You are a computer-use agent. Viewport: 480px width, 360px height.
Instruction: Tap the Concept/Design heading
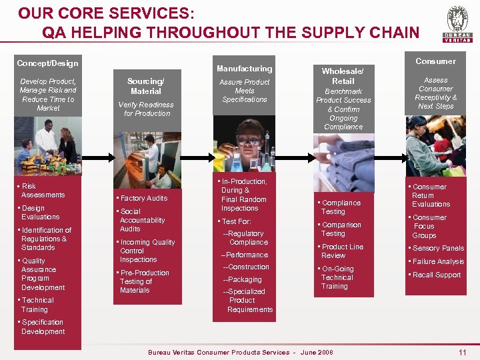click(47, 63)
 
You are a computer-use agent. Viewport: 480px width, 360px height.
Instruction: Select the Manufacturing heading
click(245, 69)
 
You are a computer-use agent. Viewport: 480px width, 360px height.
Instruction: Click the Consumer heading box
click(435, 61)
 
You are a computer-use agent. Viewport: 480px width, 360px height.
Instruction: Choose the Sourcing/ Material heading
click(146, 86)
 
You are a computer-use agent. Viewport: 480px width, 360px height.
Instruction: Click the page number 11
click(463, 351)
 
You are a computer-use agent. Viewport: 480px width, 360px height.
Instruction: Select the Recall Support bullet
click(437, 275)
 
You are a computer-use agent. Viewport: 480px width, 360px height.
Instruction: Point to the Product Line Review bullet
click(342, 251)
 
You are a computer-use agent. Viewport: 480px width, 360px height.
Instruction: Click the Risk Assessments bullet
click(43, 191)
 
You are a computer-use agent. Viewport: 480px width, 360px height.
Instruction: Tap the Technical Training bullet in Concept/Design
click(37, 305)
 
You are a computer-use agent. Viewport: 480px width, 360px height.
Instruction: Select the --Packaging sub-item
click(242, 280)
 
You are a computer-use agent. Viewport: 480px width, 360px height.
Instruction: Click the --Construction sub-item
click(246, 267)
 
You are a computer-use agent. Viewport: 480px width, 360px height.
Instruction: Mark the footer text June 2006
click(317, 352)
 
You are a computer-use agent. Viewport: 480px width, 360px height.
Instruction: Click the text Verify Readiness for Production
click(146, 109)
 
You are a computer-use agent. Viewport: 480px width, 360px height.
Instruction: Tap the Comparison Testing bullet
click(341, 229)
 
